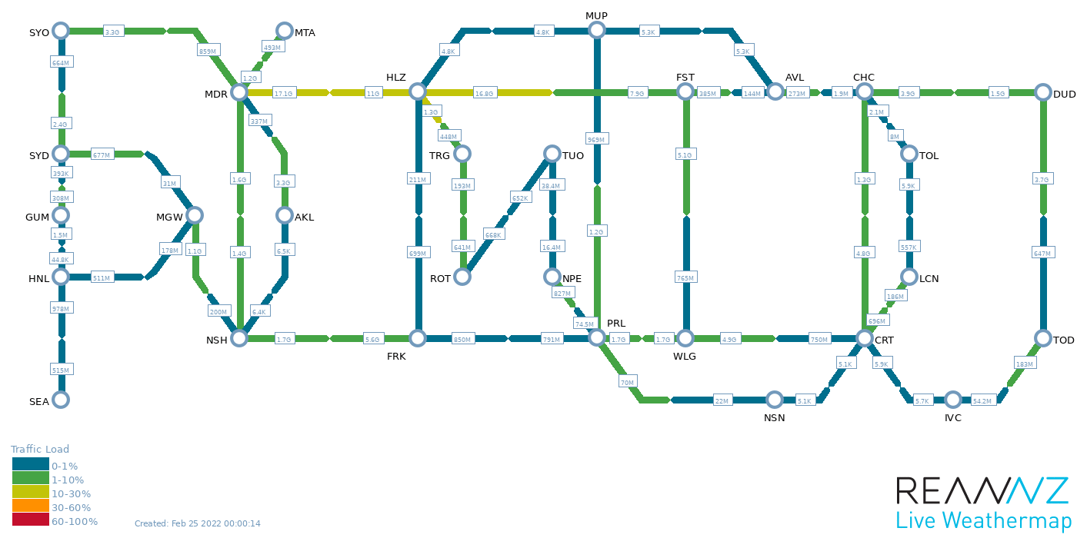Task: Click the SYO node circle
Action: pyautogui.click(x=61, y=31)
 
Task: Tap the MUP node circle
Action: pyautogui.click(x=596, y=31)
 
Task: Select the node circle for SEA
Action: pyautogui.click(x=61, y=400)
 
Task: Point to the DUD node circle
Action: pyautogui.click(x=1043, y=92)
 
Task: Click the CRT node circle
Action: pyautogui.click(x=865, y=338)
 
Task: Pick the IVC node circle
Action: pyautogui.click(x=953, y=400)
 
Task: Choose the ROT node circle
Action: pyautogui.click(x=462, y=277)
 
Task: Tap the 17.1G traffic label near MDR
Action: pyautogui.click(x=284, y=93)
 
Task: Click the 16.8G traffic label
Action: pyautogui.click(x=484, y=93)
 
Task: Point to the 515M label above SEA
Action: pyautogui.click(x=61, y=370)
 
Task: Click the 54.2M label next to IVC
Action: pyautogui.click(x=982, y=400)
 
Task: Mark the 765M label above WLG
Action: pyautogui.click(x=685, y=277)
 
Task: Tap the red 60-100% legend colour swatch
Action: pyautogui.click(x=30, y=520)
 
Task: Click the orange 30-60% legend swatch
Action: pyautogui.click(x=30, y=506)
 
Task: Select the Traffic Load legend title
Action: pyautogui.click(x=40, y=450)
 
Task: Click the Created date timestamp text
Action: pyautogui.click(x=198, y=523)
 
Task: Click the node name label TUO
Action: pyautogui.click(x=573, y=155)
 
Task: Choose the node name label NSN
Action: pyautogui.click(x=774, y=417)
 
